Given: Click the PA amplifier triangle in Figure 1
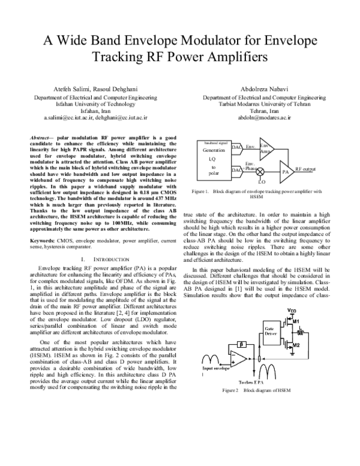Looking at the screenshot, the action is [x=286, y=171].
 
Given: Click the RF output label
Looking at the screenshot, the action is [x=305, y=169].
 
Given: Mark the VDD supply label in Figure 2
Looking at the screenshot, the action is [x=292, y=311].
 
